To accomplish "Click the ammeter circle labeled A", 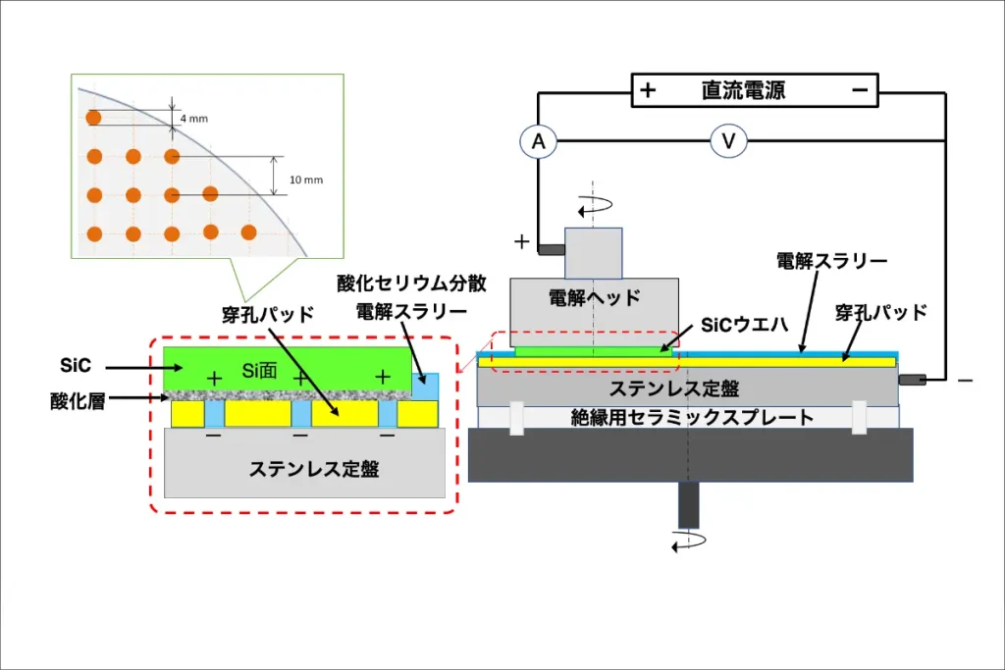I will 538,142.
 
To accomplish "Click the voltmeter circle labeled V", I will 728,142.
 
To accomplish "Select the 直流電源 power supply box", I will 754,91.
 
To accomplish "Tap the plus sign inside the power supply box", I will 648,91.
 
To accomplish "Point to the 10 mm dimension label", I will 306,180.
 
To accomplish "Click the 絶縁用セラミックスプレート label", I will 692,418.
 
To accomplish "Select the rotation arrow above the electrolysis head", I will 594,207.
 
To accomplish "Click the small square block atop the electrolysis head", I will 593,253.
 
